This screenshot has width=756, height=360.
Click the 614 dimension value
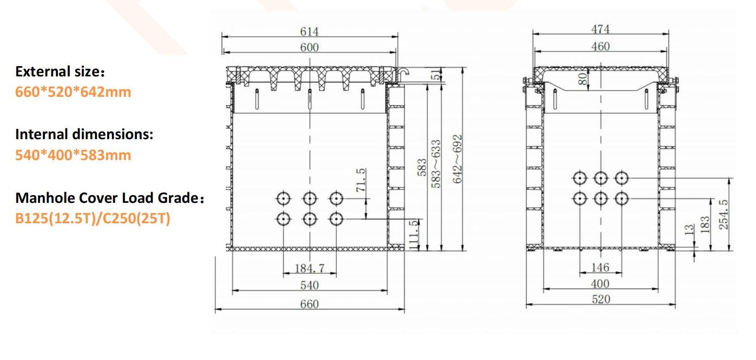pos(309,31)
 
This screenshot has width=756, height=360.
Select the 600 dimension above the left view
pos(309,47)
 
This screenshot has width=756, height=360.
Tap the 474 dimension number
pos(600,29)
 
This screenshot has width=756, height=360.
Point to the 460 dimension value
pos(600,46)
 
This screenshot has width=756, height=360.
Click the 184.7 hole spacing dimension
pos(310,268)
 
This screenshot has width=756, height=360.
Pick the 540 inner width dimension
pos(310,286)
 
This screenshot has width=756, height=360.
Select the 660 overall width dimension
pos(310,304)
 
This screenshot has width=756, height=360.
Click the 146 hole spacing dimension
pos(600,267)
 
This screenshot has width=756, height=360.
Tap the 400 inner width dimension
pos(600,284)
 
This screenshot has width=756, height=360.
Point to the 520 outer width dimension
pos(601,299)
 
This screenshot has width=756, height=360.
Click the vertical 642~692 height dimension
pos(457,159)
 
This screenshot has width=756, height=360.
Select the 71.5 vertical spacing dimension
pos(360,180)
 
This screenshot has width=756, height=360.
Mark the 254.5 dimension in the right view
pos(723,214)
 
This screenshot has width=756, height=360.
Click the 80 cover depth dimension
pos(583,80)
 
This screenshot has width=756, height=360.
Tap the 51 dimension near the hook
pos(437,74)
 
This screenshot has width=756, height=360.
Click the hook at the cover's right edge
pos(403,72)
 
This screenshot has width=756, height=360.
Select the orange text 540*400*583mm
pos(73,155)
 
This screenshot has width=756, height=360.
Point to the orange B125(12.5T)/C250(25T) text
pos(93,218)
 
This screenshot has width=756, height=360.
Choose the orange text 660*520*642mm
pos(73,92)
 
